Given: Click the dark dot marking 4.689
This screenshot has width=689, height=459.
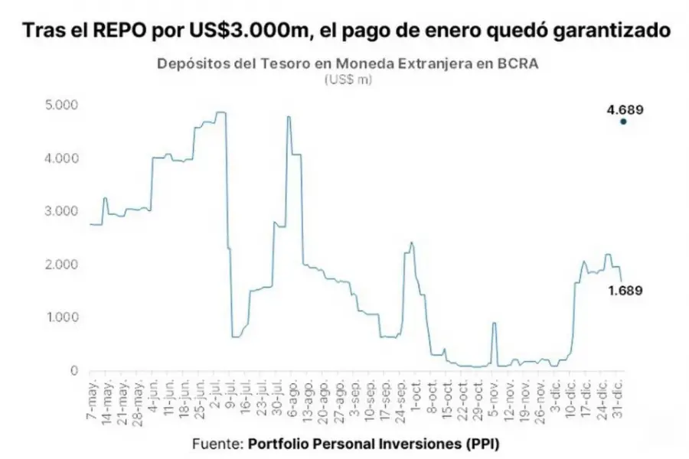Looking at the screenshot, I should tap(624, 122).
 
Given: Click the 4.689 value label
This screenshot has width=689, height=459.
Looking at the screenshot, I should tap(625, 109).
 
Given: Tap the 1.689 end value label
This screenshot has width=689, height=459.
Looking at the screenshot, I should tap(625, 291).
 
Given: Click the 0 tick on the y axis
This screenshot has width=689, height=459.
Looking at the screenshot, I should tap(73, 371).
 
